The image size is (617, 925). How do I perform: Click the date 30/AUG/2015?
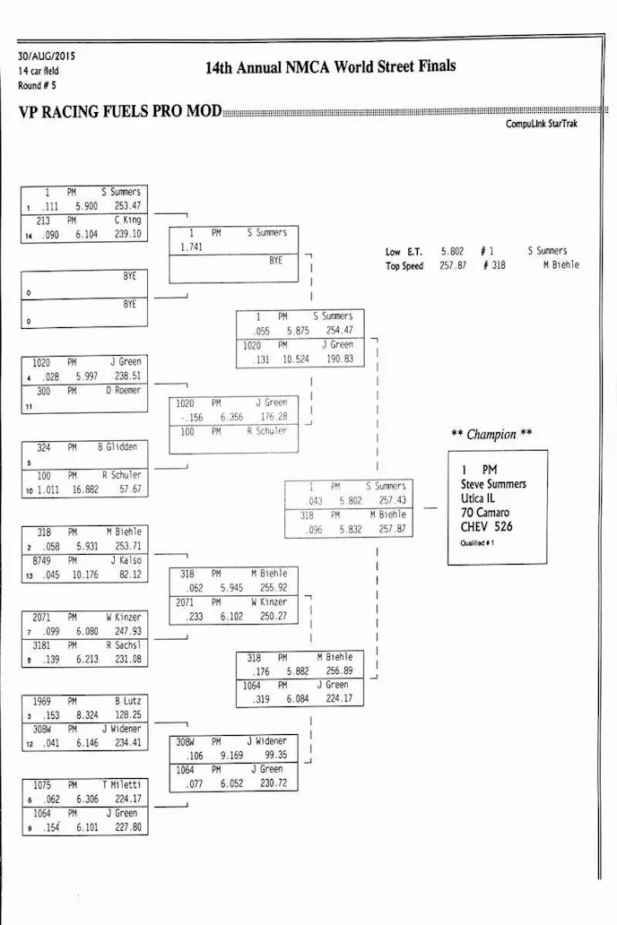coord(47,56)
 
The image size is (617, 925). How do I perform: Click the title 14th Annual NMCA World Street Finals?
coord(330,67)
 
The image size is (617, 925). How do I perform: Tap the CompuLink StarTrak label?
coord(542,124)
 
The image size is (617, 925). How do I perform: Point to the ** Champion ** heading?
coord(491,435)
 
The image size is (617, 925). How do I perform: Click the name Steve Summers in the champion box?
coord(493,485)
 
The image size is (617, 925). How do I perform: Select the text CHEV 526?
coord(487,527)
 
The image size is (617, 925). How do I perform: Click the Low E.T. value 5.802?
coord(452,252)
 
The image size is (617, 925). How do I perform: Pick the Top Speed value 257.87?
coord(452,265)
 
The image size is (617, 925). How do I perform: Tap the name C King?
coord(127,220)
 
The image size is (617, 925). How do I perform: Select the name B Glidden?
coord(117,447)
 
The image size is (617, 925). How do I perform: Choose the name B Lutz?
coord(129,701)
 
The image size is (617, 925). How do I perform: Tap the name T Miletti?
coord(121,785)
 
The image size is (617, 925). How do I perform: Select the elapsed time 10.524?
coord(294,359)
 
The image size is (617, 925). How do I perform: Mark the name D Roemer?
coord(123,391)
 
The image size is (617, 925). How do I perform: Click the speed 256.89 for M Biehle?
coord(340,670)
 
